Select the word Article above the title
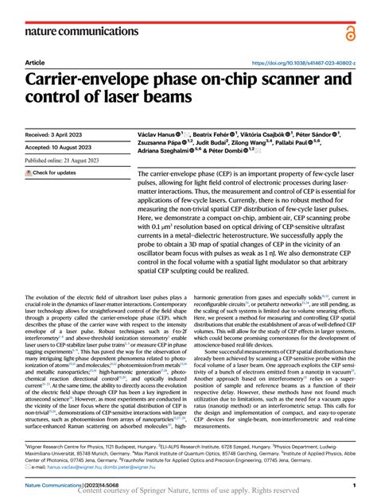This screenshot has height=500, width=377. (x=35, y=62)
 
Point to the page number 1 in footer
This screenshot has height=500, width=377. (x=352, y=483)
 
